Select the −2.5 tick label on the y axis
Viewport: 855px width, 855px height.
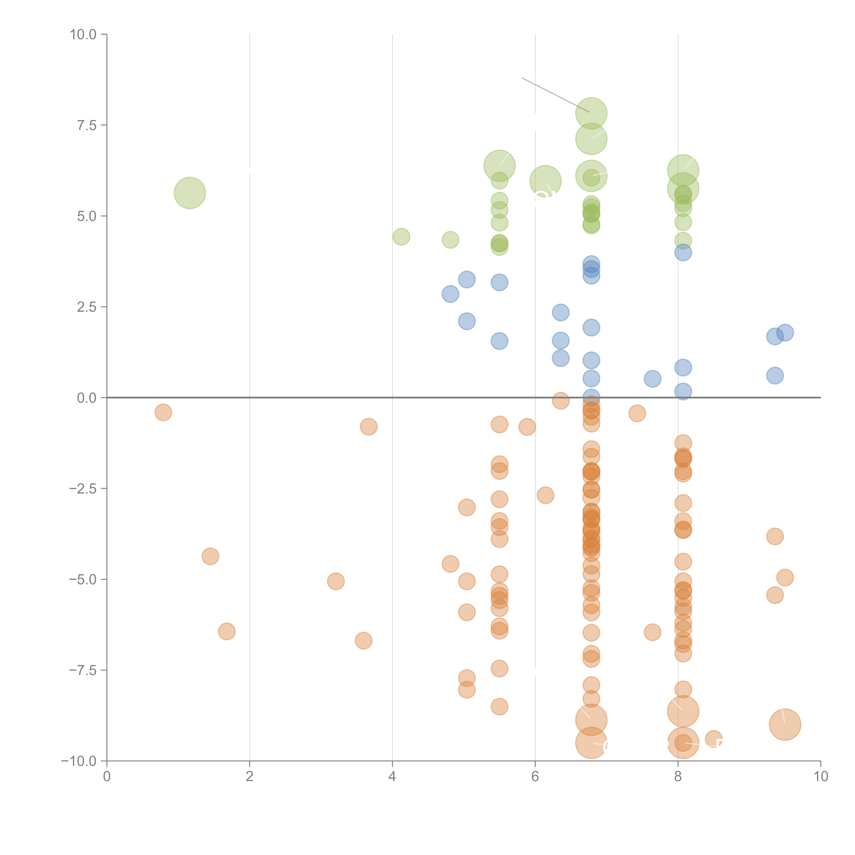point(83,489)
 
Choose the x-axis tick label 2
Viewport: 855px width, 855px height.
point(250,777)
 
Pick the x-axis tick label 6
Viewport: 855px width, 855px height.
point(535,777)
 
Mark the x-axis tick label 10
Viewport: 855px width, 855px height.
point(820,777)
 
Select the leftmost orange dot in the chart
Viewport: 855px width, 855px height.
point(163,412)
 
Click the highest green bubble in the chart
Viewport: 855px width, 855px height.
point(591,113)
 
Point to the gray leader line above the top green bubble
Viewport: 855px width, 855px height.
point(555,95)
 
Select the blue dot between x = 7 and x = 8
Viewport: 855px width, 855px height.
point(652,379)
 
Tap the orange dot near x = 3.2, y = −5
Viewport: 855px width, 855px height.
point(336,581)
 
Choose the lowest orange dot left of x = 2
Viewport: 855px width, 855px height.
point(227,631)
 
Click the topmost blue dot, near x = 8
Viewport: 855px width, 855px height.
point(683,253)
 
